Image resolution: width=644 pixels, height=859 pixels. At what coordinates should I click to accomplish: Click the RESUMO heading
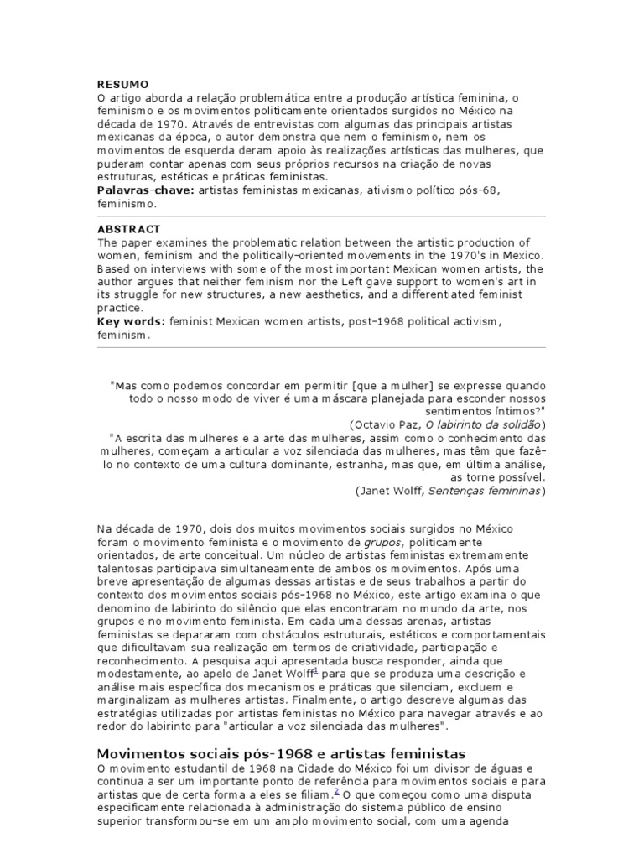point(123,85)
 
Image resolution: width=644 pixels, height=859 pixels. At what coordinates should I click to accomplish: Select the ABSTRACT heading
point(128,229)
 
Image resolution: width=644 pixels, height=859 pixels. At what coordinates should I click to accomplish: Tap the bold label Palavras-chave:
point(145,190)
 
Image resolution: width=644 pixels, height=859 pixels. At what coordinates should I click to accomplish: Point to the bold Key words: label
point(132,322)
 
